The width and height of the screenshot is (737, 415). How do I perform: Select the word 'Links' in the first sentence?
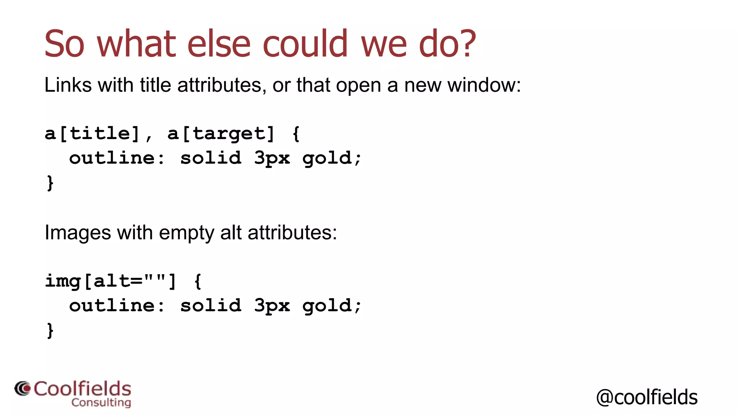pos(68,85)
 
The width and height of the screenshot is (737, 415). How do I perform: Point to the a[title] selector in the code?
pos(92,134)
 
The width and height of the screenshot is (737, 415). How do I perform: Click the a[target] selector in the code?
pos(221,134)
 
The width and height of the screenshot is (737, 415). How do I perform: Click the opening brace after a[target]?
pos(296,134)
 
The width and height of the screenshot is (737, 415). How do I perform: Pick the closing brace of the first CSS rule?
pos(50,183)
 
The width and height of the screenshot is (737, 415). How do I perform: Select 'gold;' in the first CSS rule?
pos(331,158)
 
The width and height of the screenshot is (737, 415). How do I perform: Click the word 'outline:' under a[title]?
pos(117,158)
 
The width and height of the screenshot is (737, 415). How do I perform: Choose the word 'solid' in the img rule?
pos(211,305)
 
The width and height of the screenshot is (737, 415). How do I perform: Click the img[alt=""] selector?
pos(111,281)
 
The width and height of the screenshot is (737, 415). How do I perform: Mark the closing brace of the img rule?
pos(50,330)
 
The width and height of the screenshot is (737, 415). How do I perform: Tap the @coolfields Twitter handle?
pos(647,397)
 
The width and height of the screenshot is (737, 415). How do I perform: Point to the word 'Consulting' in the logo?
pos(101,402)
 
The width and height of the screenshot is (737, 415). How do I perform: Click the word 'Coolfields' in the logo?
pos(82,389)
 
